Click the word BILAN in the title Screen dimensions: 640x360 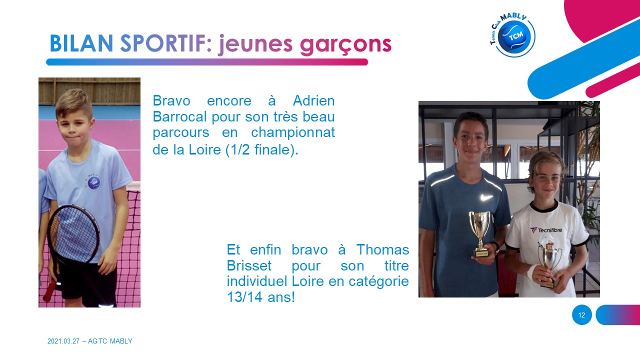coord(81,43)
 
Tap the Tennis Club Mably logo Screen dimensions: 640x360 coord(512,35)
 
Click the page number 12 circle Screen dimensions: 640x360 coord(581,315)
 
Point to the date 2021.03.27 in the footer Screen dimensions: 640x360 coord(63,341)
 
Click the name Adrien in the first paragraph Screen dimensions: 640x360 coord(313,100)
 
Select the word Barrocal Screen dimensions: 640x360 coord(179,116)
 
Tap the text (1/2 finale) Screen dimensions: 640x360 coord(262,149)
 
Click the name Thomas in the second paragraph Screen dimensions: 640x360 coord(382,249)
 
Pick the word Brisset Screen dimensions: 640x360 coord(249,265)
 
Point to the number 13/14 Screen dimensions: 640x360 coord(244,297)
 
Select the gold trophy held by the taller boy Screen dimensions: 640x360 coord(480,233)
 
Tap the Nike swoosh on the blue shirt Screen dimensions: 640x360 coord(486,197)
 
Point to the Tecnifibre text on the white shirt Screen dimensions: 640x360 coord(549,230)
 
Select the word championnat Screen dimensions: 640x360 coord(293,132)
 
